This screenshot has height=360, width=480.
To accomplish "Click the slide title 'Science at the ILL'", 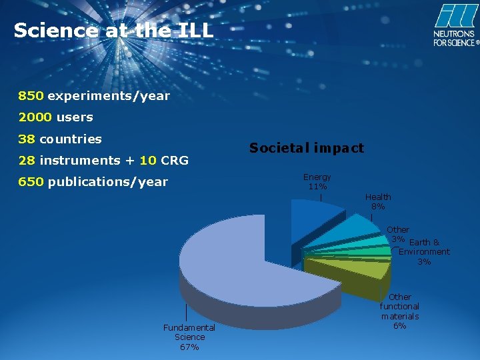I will coord(113,31).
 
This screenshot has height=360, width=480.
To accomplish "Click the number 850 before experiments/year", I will coord(31,96).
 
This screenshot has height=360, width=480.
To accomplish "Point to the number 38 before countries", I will coord(27,139).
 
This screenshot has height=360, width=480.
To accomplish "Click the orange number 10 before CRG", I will coord(148,161).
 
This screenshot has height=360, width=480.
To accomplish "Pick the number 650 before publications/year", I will coord(31,182).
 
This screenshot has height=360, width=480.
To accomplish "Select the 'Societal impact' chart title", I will coord(307,148).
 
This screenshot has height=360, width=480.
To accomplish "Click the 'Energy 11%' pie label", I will coord(317,181).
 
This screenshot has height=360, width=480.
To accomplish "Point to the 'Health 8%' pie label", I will coord(378,201).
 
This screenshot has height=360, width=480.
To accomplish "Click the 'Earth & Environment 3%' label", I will coord(424,252).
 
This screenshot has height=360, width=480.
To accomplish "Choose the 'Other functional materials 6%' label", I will coord(399,311).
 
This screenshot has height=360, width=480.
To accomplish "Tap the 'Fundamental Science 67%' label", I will coord(189,337).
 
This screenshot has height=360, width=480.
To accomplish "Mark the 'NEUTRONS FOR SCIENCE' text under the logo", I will coord(455,38).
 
